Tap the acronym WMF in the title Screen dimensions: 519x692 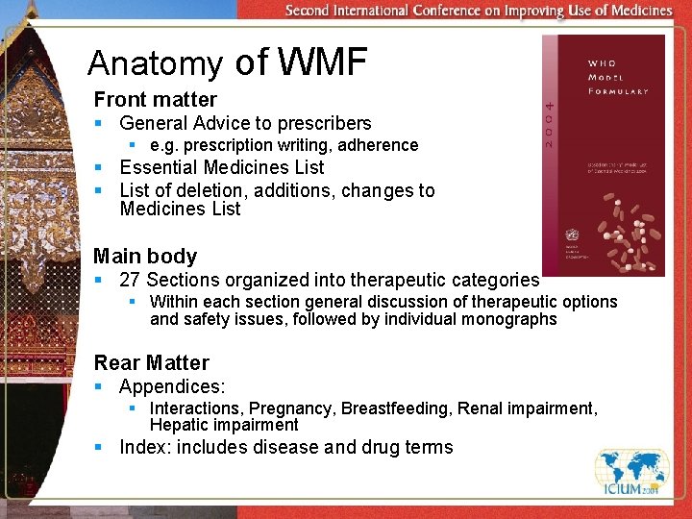click(x=323, y=62)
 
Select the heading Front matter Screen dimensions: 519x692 click(x=155, y=99)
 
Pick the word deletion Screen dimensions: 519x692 click(x=221, y=190)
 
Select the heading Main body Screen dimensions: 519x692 click(x=145, y=257)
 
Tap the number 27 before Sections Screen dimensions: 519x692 click(x=130, y=281)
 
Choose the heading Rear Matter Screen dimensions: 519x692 click(x=151, y=363)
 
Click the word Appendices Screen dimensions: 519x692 click(x=171, y=387)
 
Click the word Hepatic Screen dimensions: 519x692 click(x=181, y=425)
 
